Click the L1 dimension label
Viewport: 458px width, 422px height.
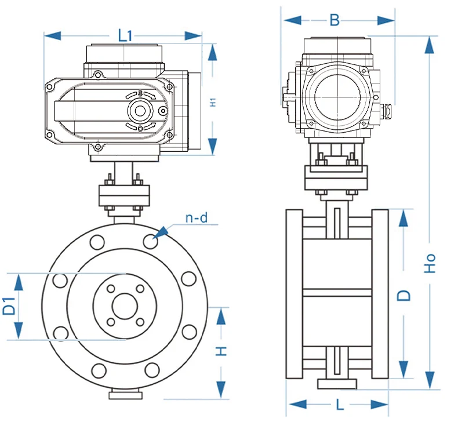[125, 35]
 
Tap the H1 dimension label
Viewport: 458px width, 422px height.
[213, 101]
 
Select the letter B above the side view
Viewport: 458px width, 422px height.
[335, 20]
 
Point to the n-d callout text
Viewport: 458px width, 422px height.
[197, 218]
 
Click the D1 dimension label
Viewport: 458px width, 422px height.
[9, 306]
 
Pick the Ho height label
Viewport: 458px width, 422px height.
[430, 264]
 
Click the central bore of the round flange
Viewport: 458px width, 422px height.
[125, 306]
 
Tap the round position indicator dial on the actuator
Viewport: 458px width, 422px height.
[140, 110]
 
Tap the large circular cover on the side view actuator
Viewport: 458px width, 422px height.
[336, 96]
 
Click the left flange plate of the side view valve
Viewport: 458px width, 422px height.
[294, 294]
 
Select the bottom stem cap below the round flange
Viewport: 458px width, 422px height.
[125, 395]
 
